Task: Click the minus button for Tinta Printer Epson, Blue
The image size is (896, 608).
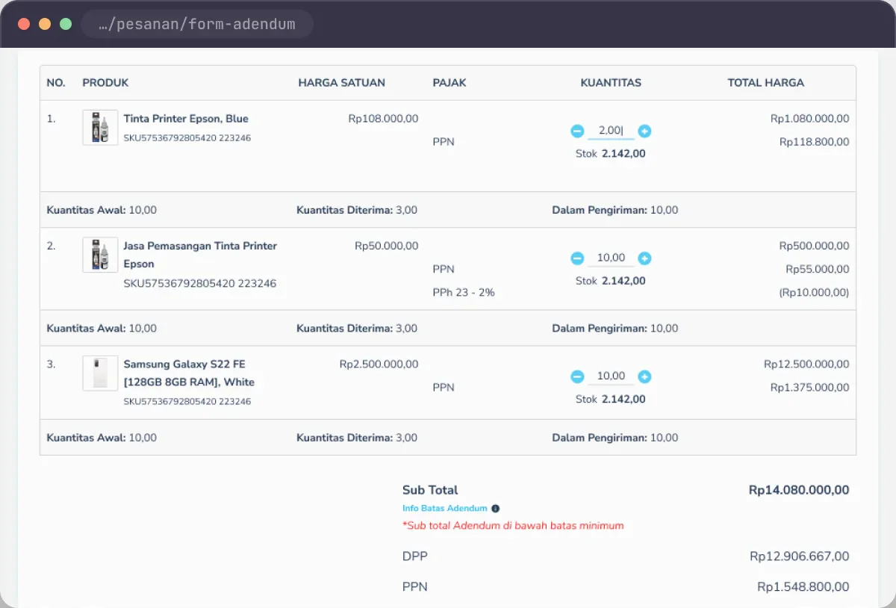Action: (x=577, y=131)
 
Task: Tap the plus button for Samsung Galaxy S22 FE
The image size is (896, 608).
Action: (x=644, y=376)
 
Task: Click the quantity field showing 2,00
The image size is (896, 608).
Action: (x=611, y=131)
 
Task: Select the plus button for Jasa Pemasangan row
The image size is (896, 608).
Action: (x=644, y=258)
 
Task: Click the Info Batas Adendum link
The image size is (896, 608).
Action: (x=445, y=509)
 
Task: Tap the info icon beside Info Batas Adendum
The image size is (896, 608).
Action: (x=496, y=509)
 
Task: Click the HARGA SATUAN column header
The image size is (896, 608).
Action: (x=342, y=83)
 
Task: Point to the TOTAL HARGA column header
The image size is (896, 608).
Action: (x=765, y=83)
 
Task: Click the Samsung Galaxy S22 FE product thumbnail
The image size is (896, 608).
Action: (x=100, y=373)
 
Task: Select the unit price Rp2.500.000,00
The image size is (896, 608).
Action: (x=379, y=365)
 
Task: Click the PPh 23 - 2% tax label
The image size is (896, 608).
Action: (x=464, y=293)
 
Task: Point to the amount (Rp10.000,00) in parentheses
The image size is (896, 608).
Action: (x=814, y=293)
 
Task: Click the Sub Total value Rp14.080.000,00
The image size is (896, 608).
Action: (x=799, y=490)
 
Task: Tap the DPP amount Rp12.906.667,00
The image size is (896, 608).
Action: (x=799, y=556)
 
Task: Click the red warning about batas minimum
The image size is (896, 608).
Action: (x=513, y=526)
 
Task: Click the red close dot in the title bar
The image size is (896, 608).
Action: (x=24, y=24)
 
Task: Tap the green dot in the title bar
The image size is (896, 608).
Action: (x=66, y=24)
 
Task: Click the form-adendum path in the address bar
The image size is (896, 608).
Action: (x=197, y=24)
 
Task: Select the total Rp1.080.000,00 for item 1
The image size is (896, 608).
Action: (x=809, y=119)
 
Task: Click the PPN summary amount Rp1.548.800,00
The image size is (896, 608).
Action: (x=803, y=586)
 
